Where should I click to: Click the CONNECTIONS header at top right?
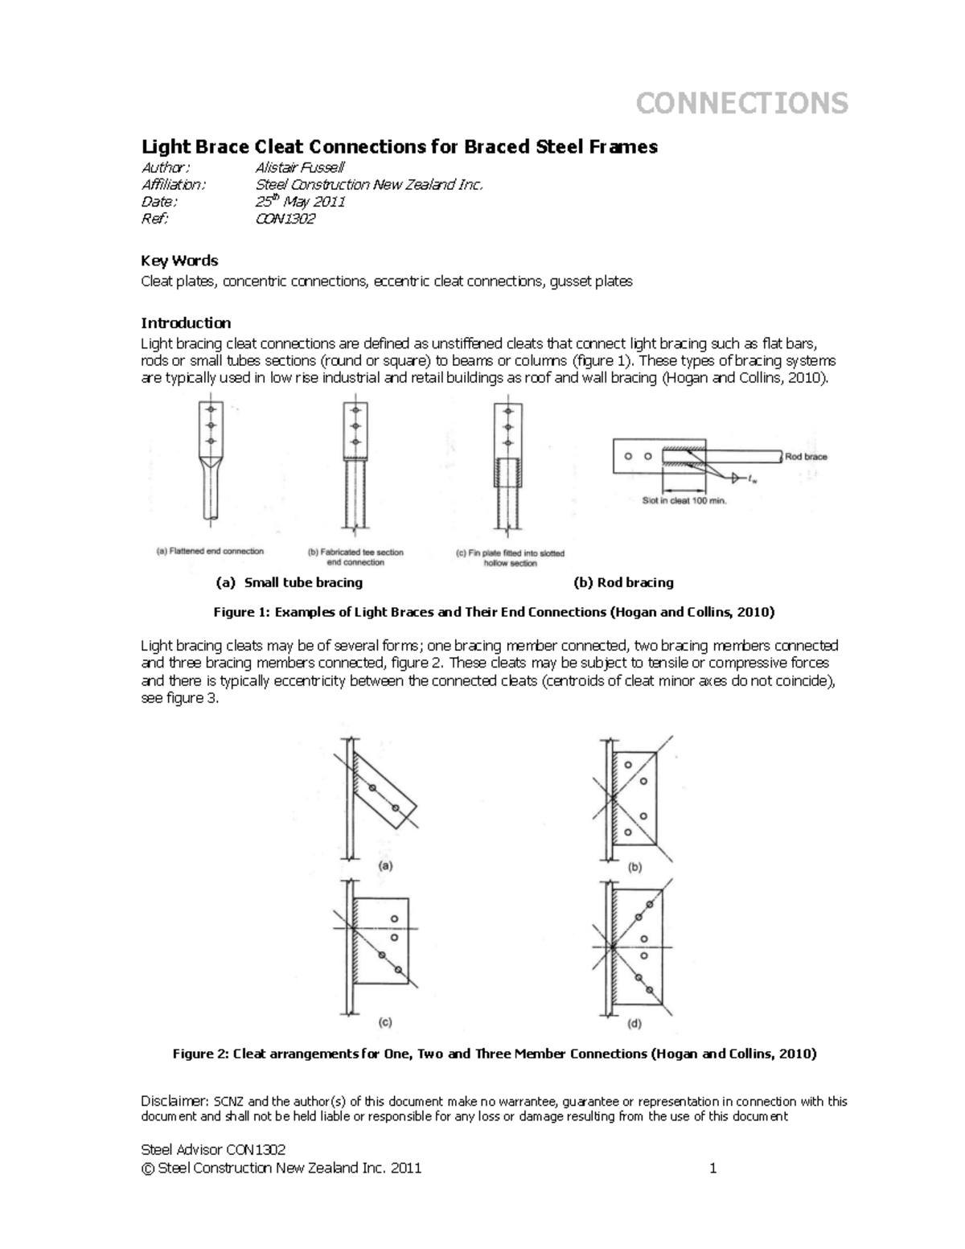pyautogui.click(x=741, y=103)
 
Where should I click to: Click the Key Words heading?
pyautogui.click(x=179, y=261)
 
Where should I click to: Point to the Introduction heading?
pyautogui.click(x=186, y=323)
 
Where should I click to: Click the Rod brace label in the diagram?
pyautogui.click(x=806, y=457)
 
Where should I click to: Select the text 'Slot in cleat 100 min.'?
pyautogui.click(x=684, y=499)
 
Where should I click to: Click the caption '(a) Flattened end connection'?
pyautogui.click(x=209, y=552)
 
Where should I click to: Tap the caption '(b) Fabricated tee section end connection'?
pyautogui.click(x=356, y=557)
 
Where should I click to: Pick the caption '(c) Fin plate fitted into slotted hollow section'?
pyautogui.click(x=510, y=558)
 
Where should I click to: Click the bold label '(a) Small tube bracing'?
pyautogui.click(x=289, y=582)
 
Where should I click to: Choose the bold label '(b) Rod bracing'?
pyautogui.click(x=623, y=582)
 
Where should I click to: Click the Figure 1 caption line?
pyautogui.click(x=494, y=612)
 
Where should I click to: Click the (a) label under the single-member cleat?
pyautogui.click(x=385, y=866)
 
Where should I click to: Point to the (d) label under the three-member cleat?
pyautogui.click(x=635, y=1024)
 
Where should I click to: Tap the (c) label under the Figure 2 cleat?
pyautogui.click(x=385, y=1023)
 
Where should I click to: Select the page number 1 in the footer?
pyautogui.click(x=712, y=1169)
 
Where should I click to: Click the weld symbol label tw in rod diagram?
pyautogui.click(x=751, y=479)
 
